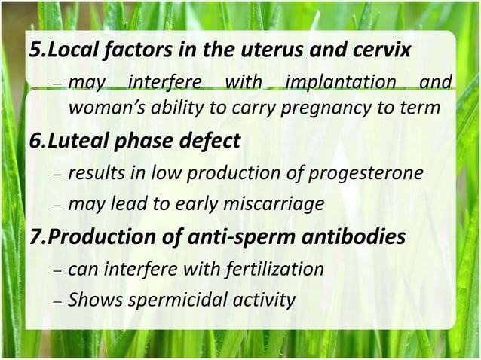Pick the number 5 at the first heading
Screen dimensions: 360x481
pyautogui.click(x=34, y=51)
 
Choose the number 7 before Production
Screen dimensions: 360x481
pyautogui.click(x=34, y=236)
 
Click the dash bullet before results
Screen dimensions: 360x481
pyautogui.click(x=57, y=176)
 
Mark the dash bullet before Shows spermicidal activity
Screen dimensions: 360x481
pyautogui.click(x=57, y=301)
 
